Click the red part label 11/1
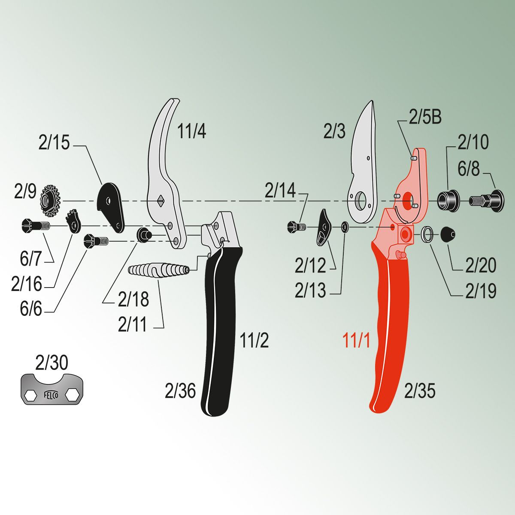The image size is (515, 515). [356, 341]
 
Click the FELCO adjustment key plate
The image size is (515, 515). [52, 389]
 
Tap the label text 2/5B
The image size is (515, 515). [425, 117]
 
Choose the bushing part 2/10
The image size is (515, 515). [448, 200]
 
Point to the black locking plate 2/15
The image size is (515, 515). [110, 204]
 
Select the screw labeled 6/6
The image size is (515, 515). [97, 241]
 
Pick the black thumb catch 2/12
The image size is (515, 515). [324, 227]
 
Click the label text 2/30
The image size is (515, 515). [51, 363]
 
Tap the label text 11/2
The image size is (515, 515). [254, 340]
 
